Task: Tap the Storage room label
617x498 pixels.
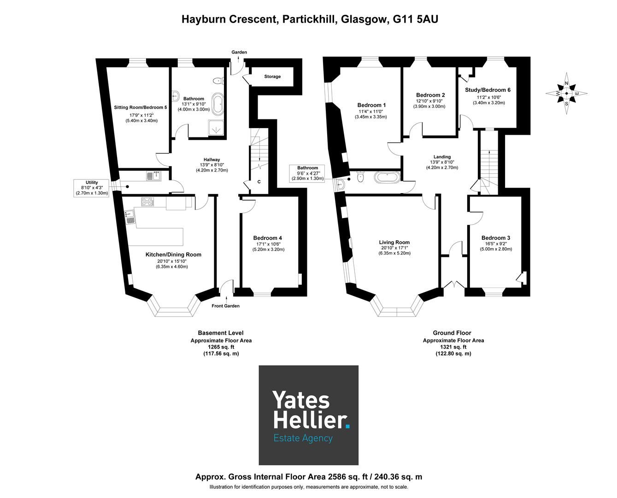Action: [272, 77]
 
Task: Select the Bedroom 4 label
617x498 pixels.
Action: [267, 238]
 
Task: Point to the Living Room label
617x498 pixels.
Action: [394, 242]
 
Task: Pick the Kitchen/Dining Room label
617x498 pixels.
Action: [173, 255]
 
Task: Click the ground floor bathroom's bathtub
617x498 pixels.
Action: [387, 176]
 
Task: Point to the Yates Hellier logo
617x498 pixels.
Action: [308, 415]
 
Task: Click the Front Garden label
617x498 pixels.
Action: [225, 306]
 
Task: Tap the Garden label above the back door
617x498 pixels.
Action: [239, 52]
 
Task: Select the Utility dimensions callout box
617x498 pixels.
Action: [92, 188]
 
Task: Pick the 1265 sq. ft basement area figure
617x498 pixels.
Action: [221, 347]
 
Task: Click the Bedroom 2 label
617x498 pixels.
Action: [430, 95]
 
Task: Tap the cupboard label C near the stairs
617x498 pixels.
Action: [259, 182]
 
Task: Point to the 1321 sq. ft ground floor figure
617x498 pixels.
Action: [453, 347]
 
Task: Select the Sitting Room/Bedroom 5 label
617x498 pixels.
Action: [141, 107]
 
